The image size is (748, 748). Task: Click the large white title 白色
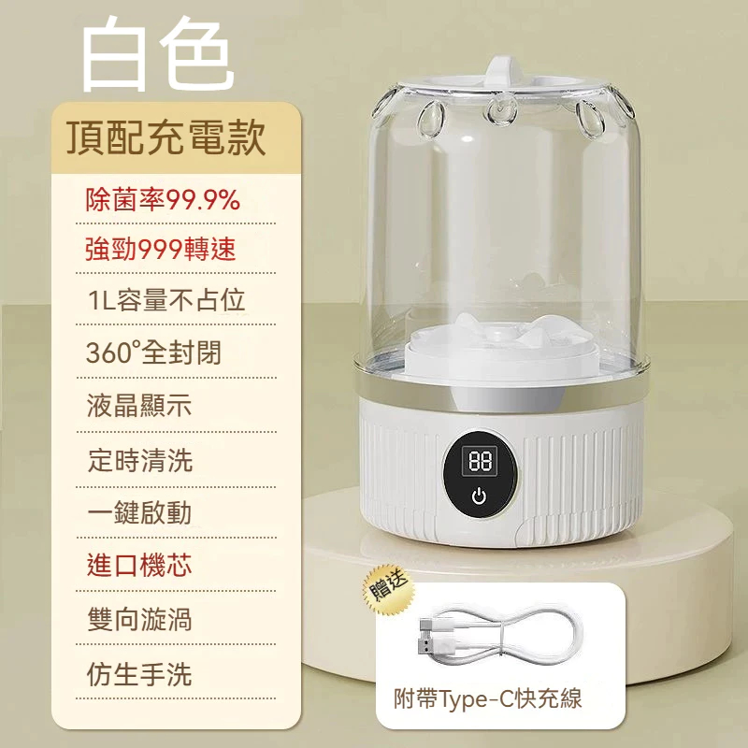point(158,53)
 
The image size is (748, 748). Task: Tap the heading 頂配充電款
point(166,137)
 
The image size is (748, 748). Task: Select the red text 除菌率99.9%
point(163,199)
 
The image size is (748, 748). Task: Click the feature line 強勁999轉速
point(161,249)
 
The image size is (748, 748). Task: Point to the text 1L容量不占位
point(166,300)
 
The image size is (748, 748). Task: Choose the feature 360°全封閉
point(153,352)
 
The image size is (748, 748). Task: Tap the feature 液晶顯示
point(139,406)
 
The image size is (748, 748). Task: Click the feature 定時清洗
point(140,460)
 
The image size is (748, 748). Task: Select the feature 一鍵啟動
point(139,512)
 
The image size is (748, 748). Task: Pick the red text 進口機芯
point(139,566)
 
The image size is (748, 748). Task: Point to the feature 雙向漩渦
point(139,620)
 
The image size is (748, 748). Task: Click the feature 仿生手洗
point(139,674)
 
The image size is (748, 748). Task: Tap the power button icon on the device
point(479,496)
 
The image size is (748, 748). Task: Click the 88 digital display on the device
point(480,461)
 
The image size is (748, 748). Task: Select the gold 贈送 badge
point(389,590)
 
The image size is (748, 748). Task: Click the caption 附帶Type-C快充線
point(487,698)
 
